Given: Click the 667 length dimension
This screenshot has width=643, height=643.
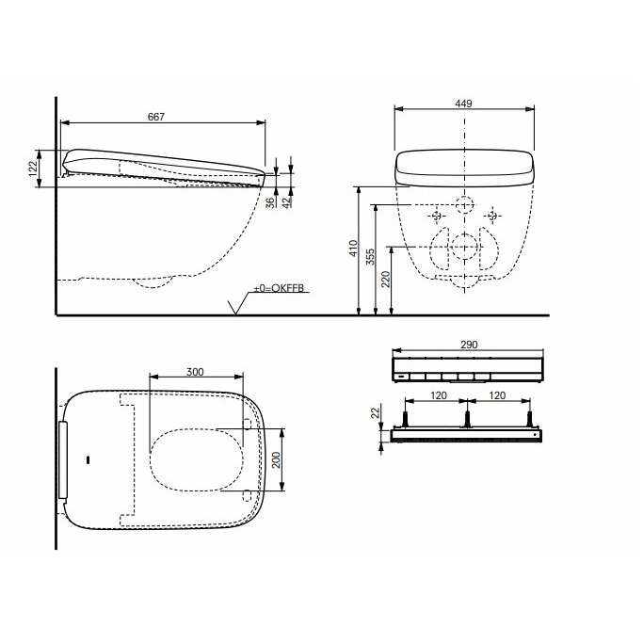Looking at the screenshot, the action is coord(156,117).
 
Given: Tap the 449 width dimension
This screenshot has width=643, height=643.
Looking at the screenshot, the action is coord(463,104).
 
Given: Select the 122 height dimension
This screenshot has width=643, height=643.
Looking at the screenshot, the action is coord(33,168).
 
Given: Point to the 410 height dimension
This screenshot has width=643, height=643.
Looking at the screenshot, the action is coord(353,249).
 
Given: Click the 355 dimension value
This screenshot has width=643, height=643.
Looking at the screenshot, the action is coord(370,257).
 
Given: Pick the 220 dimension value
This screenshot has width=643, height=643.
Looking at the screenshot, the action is coord(386,279).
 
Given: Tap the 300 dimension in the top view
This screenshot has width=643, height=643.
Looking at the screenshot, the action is coord(195,372).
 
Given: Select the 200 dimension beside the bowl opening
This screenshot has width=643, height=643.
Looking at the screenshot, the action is coord(276,459).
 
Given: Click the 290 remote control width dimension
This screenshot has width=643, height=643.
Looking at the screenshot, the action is coord(469,345).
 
